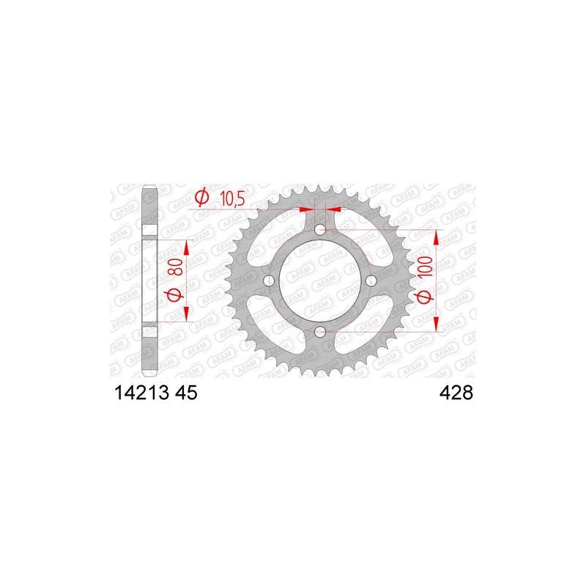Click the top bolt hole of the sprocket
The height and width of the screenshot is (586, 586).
[x=320, y=229]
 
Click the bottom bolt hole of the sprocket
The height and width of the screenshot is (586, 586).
[x=320, y=332]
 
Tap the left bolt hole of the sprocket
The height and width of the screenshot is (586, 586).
[x=269, y=281]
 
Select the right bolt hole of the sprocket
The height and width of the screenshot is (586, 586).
[x=371, y=281]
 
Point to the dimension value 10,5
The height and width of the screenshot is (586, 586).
[x=232, y=199]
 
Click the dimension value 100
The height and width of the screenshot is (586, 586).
[x=426, y=267]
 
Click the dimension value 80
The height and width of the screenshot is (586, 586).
[x=177, y=267]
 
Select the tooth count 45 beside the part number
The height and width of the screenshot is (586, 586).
[x=186, y=393]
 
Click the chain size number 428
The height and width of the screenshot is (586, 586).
[x=456, y=393]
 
